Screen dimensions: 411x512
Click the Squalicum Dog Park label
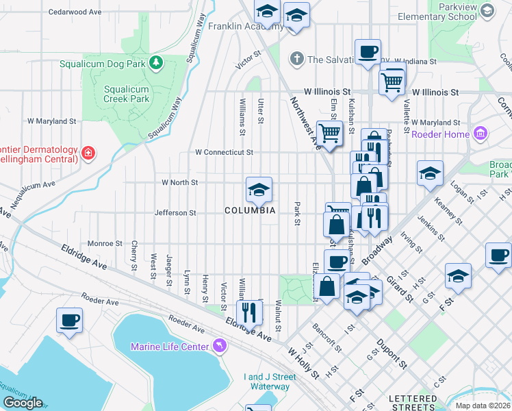[x=101, y=64]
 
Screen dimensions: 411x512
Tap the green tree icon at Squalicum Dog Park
[x=157, y=63]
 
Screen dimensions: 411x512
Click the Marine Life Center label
[x=169, y=347]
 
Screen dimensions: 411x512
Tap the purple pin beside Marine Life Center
[x=219, y=345]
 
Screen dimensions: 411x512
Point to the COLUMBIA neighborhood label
[x=250, y=210]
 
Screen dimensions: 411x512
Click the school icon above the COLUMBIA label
[x=259, y=190]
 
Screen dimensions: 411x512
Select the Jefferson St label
[x=175, y=213]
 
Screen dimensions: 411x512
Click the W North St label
[x=179, y=183]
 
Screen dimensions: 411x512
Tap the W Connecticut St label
[x=224, y=152]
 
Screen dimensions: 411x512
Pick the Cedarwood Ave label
[x=75, y=12]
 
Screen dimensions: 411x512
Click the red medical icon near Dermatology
[x=88, y=153]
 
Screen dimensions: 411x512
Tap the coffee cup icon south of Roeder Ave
[x=69, y=321]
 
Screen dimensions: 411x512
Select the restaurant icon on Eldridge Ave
[x=250, y=312]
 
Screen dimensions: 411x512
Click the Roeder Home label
[x=439, y=134]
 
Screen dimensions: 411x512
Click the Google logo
[x=23, y=403]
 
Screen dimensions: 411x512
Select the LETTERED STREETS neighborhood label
[x=413, y=403]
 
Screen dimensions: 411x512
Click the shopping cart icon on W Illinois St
[x=392, y=82]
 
